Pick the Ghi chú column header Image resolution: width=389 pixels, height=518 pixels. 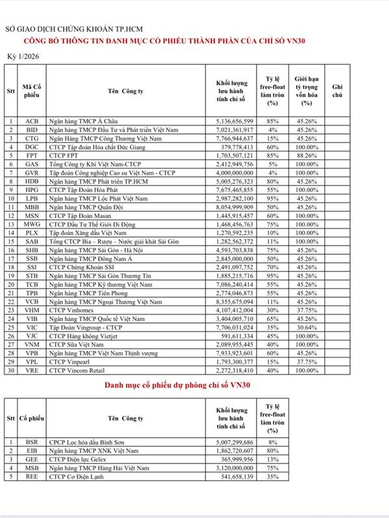(x=337, y=91)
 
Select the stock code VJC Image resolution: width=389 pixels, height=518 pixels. (x=31, y=336)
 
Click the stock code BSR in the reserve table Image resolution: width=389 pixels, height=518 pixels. (x=31, y=442)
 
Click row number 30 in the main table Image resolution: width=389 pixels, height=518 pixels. (x=10, y=370)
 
